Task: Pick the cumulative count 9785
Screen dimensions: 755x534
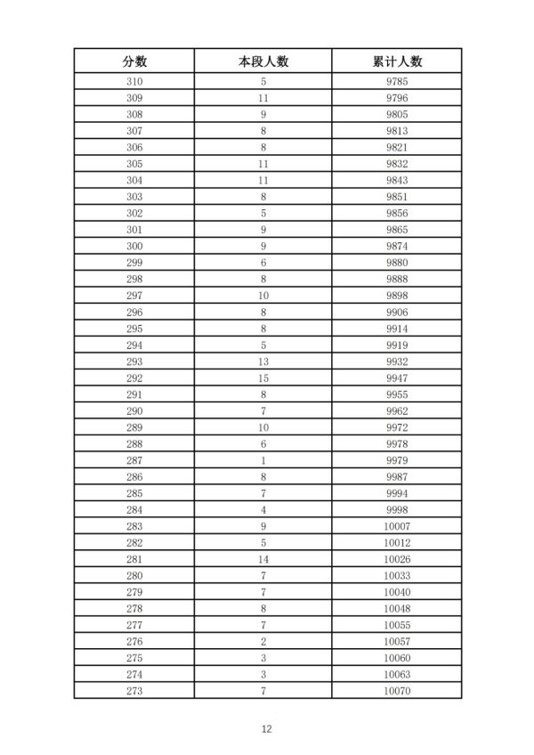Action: tap(397, 82)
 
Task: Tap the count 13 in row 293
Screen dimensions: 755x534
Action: tap(263, 361)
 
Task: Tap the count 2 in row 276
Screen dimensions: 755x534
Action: tap(263, 640)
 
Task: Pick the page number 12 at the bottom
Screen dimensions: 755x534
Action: tap(266, 728)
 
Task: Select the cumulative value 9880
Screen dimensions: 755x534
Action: tap(397, 262)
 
